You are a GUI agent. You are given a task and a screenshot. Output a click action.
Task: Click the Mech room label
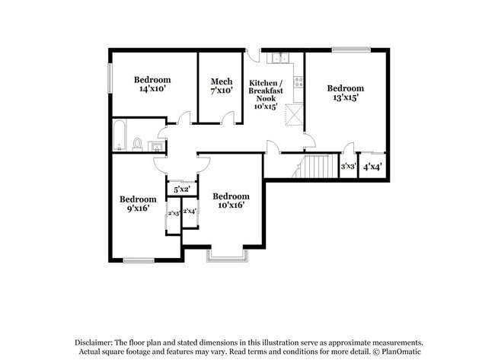pos(221,81)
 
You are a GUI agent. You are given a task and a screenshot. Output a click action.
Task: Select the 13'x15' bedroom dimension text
pos(345,97)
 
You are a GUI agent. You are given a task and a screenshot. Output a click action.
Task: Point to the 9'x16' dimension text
pos(138,208)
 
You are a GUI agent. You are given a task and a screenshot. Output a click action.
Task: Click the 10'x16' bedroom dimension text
pos(231,205)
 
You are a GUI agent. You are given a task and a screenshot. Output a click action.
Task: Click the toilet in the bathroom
pos(138,143)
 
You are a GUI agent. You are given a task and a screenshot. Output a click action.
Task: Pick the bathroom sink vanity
pos(156,145)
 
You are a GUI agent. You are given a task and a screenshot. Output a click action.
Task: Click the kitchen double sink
pos(281,58)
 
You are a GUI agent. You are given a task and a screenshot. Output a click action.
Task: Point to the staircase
pos(315,166)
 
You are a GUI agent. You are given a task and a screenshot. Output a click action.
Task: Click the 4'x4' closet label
pos(372,167)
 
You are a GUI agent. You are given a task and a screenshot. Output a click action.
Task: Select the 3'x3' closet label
pos(348,166)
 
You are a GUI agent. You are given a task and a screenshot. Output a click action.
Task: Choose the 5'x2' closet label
pos(181,189)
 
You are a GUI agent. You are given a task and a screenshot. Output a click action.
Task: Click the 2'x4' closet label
pos(190,212)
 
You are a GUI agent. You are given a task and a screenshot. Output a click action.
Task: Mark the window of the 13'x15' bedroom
pos(351,50)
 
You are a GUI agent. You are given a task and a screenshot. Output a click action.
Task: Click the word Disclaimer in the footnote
pos(97,343)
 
